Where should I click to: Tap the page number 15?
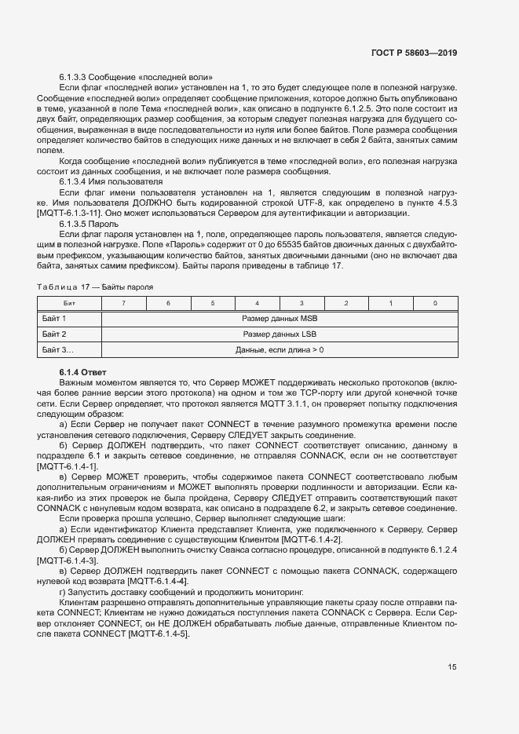coord(452,667)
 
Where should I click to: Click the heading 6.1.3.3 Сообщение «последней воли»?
coord(136,77)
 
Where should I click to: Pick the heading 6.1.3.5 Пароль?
coord(89,223)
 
